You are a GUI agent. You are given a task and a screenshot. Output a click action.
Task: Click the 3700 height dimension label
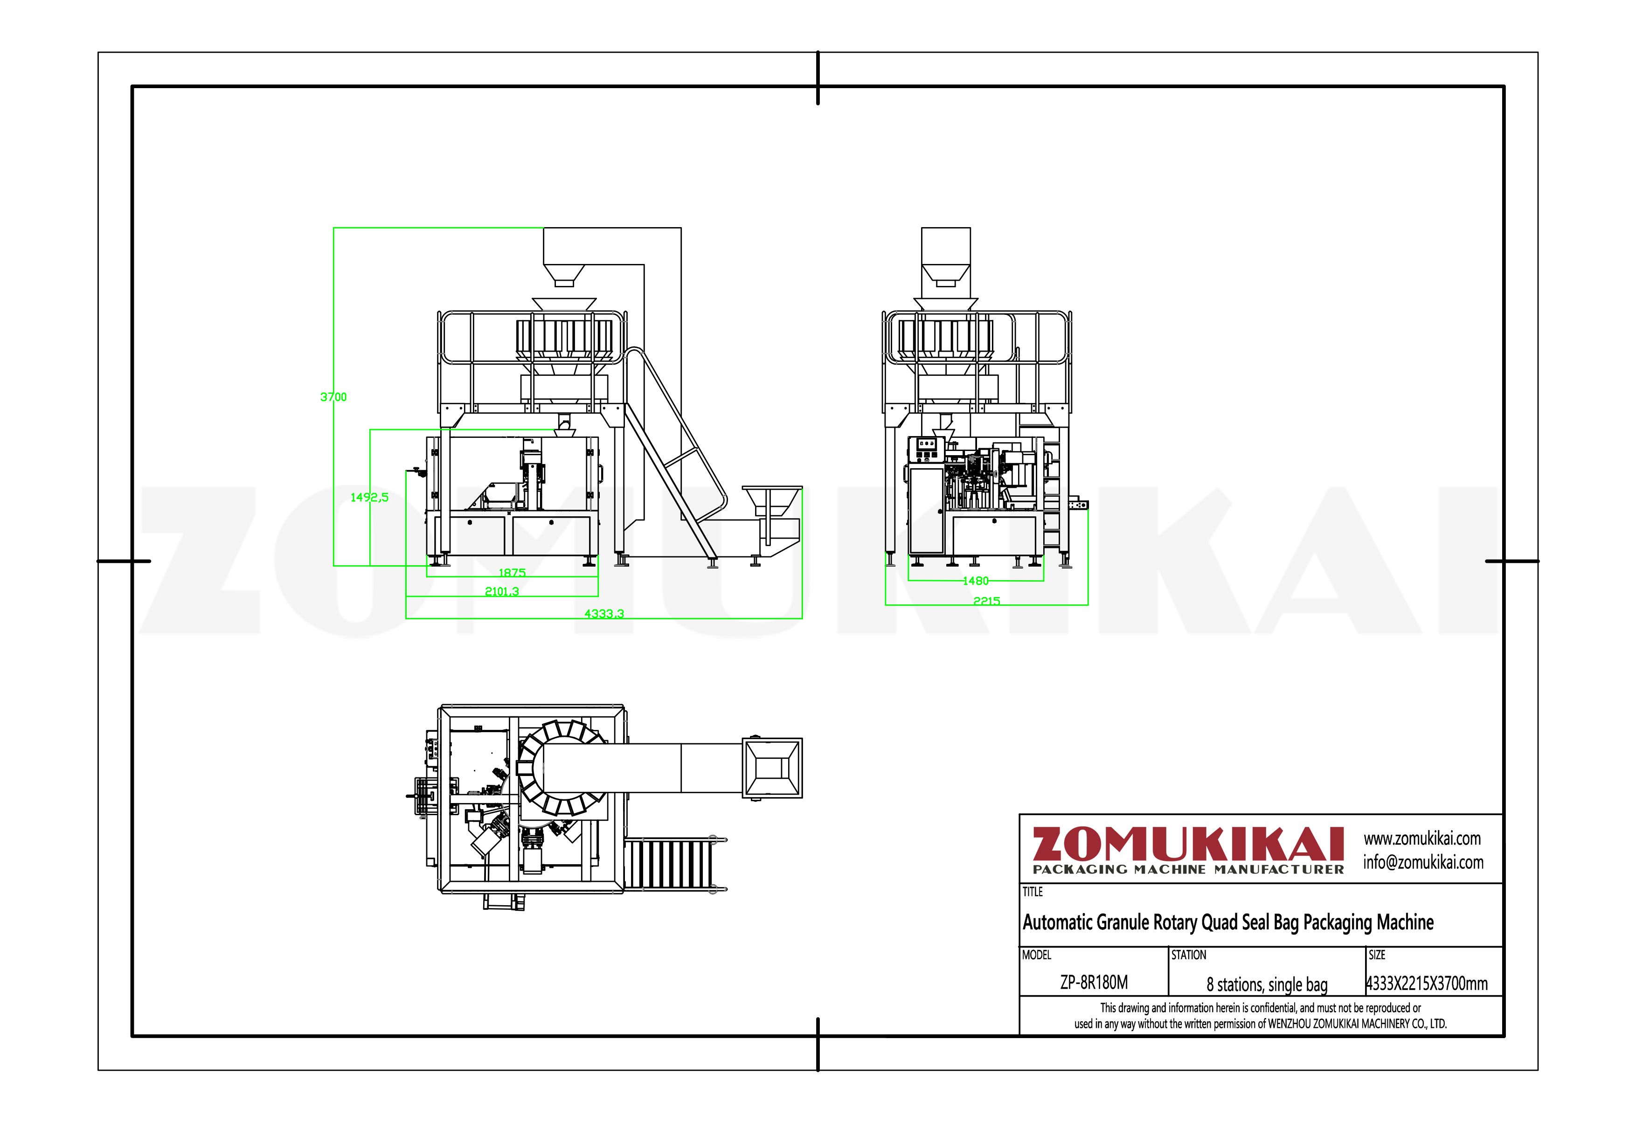pyautogui.click(x=333, y=397)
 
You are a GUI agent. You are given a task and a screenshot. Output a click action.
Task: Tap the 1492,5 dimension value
pyautogui.click(x=369, y=498)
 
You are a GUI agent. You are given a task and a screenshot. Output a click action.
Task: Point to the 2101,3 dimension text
pyautogui.click(x=502, y=591)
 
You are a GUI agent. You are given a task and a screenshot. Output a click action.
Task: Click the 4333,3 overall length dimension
pyautogui.click(x=604, y=614)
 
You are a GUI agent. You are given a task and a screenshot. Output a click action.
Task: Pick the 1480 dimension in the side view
pyautogui.click(x=976, y=581)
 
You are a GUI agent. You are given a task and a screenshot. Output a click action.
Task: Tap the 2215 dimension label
pyautogui.click(x=986, y=601)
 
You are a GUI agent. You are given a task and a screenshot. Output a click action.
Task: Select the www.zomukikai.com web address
pyautogui.click(x=1422, y=839)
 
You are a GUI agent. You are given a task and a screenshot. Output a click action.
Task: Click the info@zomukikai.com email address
pyautogui.click(x=1423, y=862)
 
